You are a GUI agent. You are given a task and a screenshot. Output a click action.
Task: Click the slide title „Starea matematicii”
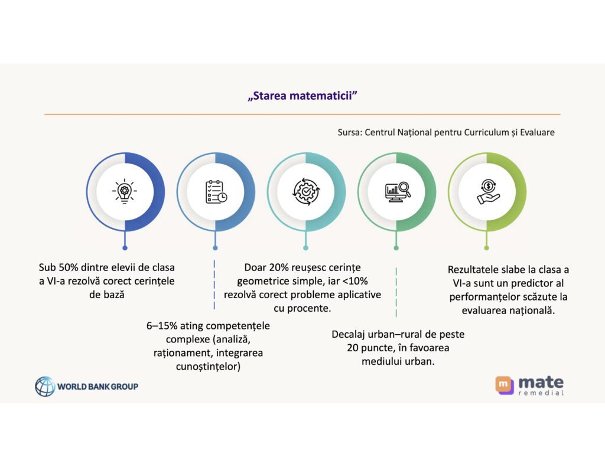[302, 96]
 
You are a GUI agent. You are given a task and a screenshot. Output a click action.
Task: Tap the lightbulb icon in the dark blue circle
[124, 191]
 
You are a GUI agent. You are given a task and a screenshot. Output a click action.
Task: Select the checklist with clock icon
[215, 191]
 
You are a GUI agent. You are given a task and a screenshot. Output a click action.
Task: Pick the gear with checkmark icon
[305, 191]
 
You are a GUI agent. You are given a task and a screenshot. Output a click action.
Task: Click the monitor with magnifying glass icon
[396, 191]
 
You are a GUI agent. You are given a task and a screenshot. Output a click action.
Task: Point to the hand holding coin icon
[487, 191]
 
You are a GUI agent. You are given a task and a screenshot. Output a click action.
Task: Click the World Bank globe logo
[45, 387]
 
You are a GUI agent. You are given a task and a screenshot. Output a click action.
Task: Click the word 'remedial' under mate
[541, 393]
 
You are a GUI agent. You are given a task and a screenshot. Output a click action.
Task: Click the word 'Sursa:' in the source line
[350, 132]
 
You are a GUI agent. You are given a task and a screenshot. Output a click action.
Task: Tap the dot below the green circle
[487, 248]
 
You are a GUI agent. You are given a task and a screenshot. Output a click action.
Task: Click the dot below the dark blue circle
[124, 248]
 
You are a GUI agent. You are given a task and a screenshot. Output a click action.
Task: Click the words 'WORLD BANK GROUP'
[97, 387]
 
